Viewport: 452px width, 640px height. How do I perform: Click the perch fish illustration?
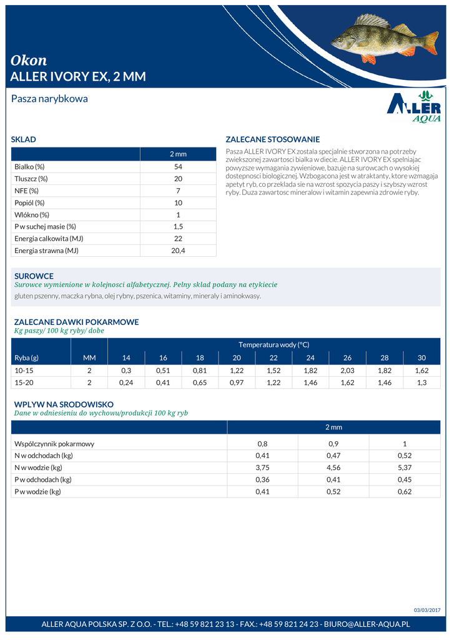pyautogui.click(x=384, y=40)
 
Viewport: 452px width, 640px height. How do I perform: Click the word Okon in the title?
pyautogui.click(x=29, y=60)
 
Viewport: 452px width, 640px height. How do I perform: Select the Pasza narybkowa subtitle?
pyautogui.click(x=49, y=99)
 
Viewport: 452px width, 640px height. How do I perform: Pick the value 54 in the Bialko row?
pyautogui.click(x=178, y=167)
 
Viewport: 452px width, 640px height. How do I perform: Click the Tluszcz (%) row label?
pyautogui.click(x=31, y=179)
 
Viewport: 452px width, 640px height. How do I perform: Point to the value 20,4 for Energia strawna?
pyautogui.click(x=178, y=251)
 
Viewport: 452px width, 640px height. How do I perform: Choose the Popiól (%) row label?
pyautogui.click(x=29, y=203)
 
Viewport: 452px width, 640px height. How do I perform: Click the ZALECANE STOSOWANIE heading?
pyautogui.click(x=272, y=139)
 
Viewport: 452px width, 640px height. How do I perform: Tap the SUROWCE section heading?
pyautogui.click(x=34, y=276)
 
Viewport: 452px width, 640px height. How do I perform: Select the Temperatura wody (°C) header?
pyautogui.click(x=273, y=344)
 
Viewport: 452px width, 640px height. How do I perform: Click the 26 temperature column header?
pyautogui.click(x=347, y=357)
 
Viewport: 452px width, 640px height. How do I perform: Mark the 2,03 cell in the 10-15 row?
pyautogui.click(x=347, y=371)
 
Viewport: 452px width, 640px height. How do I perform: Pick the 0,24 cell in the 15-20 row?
pyautogui.click(x=126, y=382)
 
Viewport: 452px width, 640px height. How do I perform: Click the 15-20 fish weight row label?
pyautogui.click(x=24, y=382)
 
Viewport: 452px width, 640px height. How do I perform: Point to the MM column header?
pyautogui.click(x=89, y=357)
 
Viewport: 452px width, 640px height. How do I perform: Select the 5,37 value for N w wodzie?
pyautogui.click(x=405, y=467)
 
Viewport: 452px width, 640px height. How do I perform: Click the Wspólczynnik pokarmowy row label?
pyautogui.click(x=54, y=444)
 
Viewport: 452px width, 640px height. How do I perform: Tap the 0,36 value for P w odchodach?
pyautogui.click(x=262, y=479)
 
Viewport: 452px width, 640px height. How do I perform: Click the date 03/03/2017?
pyautogui.click(x=427, y=610)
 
